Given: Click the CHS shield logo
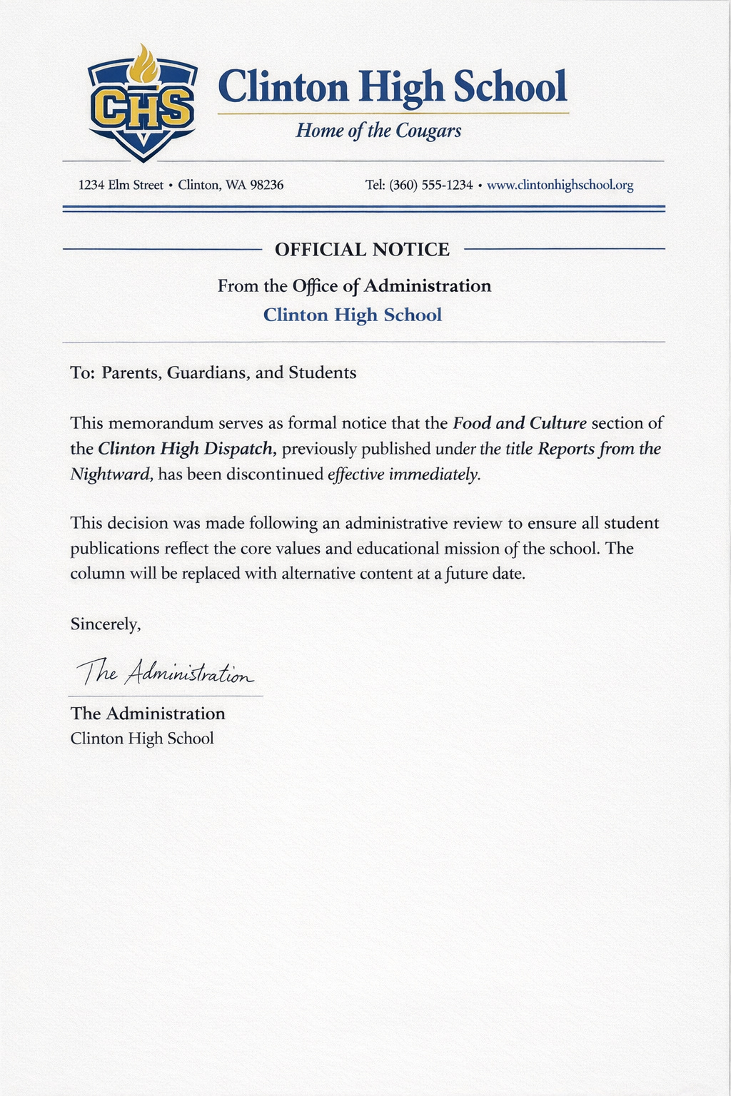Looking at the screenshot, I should [142, 107].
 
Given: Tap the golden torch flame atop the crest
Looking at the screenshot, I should [143, 64].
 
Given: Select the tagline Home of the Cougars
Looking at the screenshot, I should [378, 131].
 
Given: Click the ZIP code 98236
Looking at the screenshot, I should [266, 186].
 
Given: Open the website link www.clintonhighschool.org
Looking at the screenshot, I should [560, 186].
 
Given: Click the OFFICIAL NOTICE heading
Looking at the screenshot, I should [362, 250].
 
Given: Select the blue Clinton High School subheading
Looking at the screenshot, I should [353, 315].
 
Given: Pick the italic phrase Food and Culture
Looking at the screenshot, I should [520, 423].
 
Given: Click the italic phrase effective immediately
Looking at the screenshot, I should [404, 475].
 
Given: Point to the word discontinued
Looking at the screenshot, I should [275, 475].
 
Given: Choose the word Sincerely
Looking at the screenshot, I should [105, 624].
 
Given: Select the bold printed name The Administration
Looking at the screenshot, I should [148, 714].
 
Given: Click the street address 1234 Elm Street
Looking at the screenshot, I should [121, 186].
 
